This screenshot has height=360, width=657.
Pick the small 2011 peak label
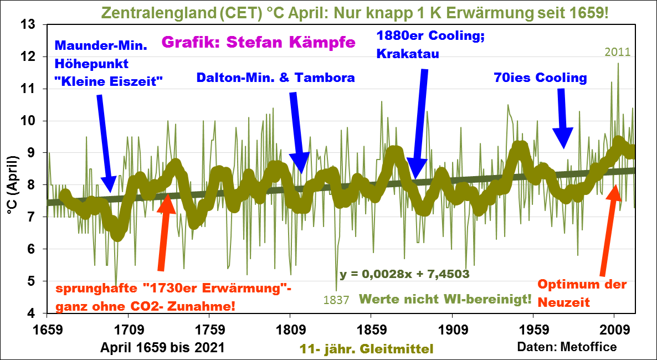click(x=618, y=53)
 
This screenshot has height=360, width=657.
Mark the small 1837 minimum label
click(x=336, y=300)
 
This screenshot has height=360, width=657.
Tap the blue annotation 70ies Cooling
click(x=540, y=78)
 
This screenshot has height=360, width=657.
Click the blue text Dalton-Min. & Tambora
click(x=276, y=78)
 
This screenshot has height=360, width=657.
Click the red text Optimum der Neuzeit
click(x=582, y=294)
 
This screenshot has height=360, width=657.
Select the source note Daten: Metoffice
click(x=567, y=347)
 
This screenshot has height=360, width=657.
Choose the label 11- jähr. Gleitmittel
click(x=366, y=348)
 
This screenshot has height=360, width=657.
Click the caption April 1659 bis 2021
click(x=163, y=347)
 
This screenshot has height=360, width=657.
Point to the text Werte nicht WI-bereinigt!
click(x=445, y=299)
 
